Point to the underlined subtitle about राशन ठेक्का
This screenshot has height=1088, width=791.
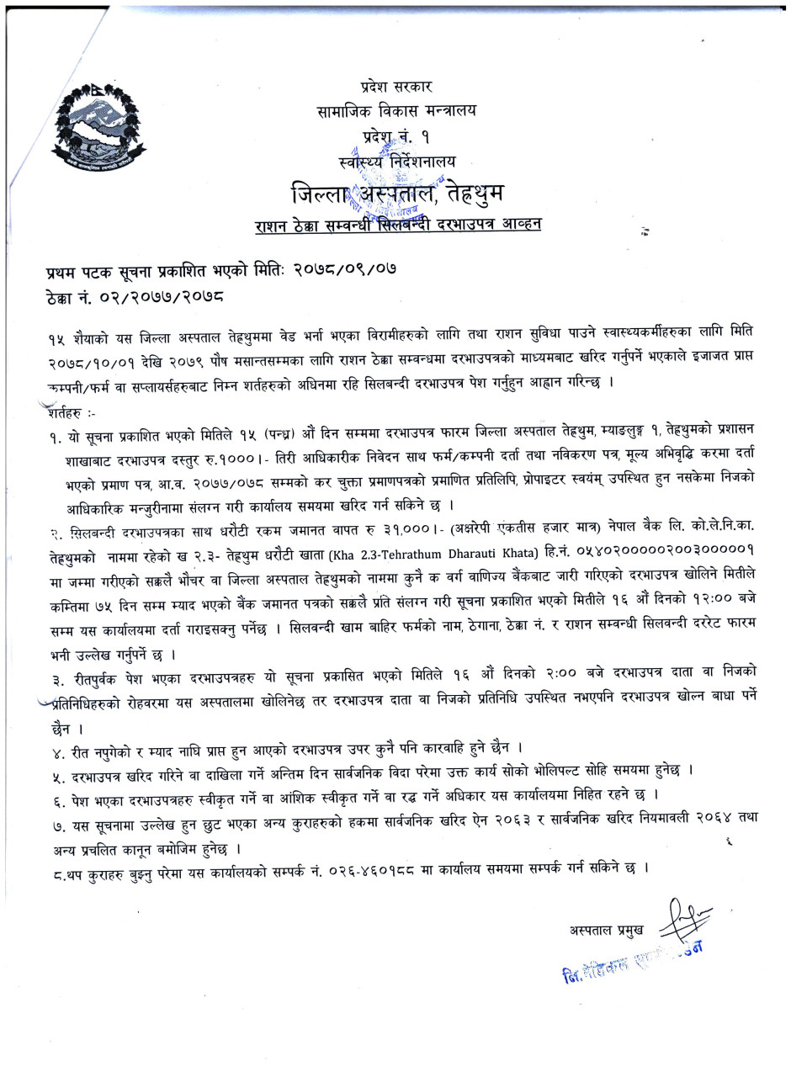(x=399, y=225)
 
